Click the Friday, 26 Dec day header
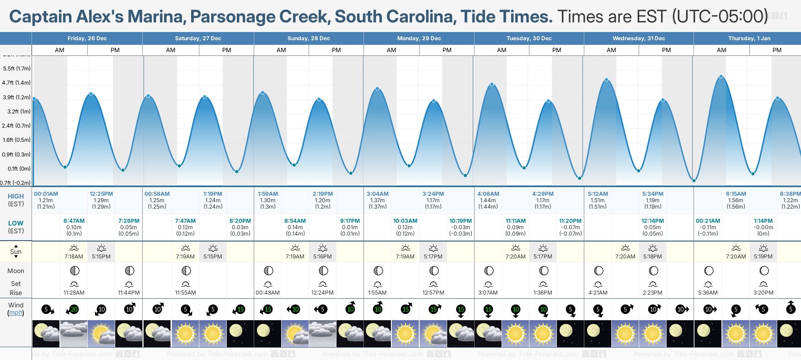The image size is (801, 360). pyautogui.click(x=87, y=38)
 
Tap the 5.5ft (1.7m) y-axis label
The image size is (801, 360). pyautogui.click(x=17, y=69)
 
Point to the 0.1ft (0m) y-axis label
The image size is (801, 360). pyautogui.click(x=19, y=169)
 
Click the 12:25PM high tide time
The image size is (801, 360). pyautogui.click(x=101, y=194)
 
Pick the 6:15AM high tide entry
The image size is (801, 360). pyautogui.click(x=736, y=194)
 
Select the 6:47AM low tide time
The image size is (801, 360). pyautogui.click(x=74, y=221)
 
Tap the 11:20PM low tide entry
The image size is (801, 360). pyautogui.click(x=570, y=221)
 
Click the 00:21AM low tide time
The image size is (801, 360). pyautogui.click(x=708, y=221)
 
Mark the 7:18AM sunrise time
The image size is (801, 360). pyautogui.click(x=74, y=257)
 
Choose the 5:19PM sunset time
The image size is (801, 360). pyautogui.click(x=763, y=257)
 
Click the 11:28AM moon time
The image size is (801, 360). pyautogui.click(x=74, y=293)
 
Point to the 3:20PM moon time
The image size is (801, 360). pyautogui.click(x=763, y=293)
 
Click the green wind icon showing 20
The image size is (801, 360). pyautogui.click(x=73, y=310)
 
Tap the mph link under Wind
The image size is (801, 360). pyautogui.click(x=16, y=313)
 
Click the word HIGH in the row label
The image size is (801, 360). pyautogui.click(x=16, y=196)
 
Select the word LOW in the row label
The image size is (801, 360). pyautogui.click(x=16, y=223)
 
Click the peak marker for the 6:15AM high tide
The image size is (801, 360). pyautogui.click(x=721, y=77)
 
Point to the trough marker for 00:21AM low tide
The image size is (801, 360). pyautogui.click(x=694, y=181)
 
